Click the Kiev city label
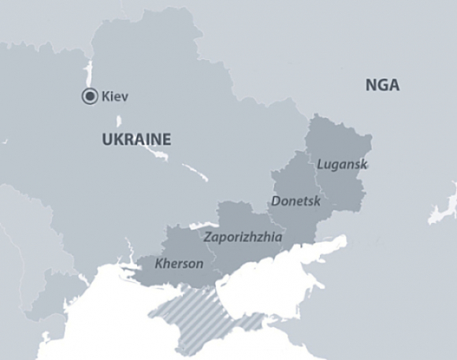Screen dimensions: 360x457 (x=115, y=97)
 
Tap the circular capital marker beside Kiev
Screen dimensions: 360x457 (x=89, y=97)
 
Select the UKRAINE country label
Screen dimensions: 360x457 (x=136, y=139)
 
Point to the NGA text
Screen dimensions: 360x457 (x=382, y=85)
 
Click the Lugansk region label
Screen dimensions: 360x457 (x=342, y=164)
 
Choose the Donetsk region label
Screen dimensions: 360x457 (x=295, y=201)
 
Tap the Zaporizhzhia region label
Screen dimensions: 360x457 (x=243, y=236)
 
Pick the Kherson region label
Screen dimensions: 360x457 (x=179, y=263)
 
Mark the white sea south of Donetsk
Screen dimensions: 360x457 (x=284, y=276)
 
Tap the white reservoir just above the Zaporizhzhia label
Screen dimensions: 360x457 (x=202, y=225)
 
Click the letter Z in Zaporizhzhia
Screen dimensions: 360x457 (x=207, y=236)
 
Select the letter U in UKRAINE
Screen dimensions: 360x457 (x=106, y=139)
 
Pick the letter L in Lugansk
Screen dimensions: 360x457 (x=320, y=164)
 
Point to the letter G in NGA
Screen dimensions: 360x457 (x=382, y=85)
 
